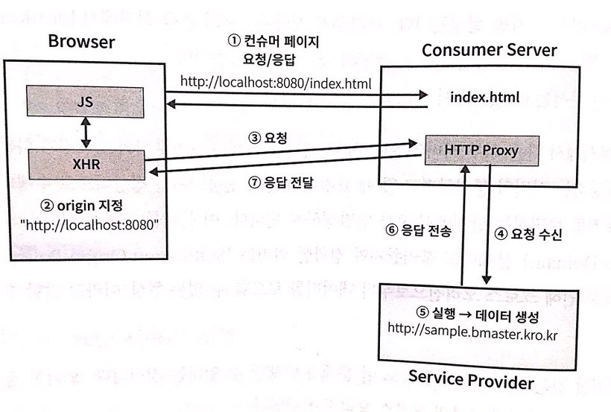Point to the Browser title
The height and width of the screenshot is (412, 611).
click(81, 42)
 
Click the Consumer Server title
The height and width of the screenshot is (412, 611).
click(489, 50)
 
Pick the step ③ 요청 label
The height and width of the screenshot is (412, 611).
click(271, 138)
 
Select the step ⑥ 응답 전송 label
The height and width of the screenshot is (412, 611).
click(408, 231)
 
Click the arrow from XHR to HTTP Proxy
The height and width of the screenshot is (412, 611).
click(291, 150)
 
